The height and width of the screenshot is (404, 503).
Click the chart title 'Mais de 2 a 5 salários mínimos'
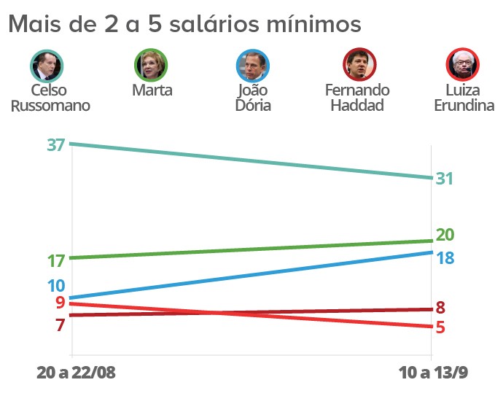coord(184,24)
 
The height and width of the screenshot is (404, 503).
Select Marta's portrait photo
coord(152,66)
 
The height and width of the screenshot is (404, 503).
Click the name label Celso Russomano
coord(50,98)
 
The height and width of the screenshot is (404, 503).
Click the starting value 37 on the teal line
coord(56,144)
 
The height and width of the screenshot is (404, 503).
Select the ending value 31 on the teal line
coord(445,179)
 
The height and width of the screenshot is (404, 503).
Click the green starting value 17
coord(56,260)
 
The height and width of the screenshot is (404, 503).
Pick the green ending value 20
coord(445,235)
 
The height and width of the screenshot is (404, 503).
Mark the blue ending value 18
coord(445,258)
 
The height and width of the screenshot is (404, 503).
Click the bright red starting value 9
coord(60,303)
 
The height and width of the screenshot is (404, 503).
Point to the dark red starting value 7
coord(60,325)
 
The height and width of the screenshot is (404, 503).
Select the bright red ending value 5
coord(440,327)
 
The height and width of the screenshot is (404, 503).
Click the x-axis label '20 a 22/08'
coord(76,373)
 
